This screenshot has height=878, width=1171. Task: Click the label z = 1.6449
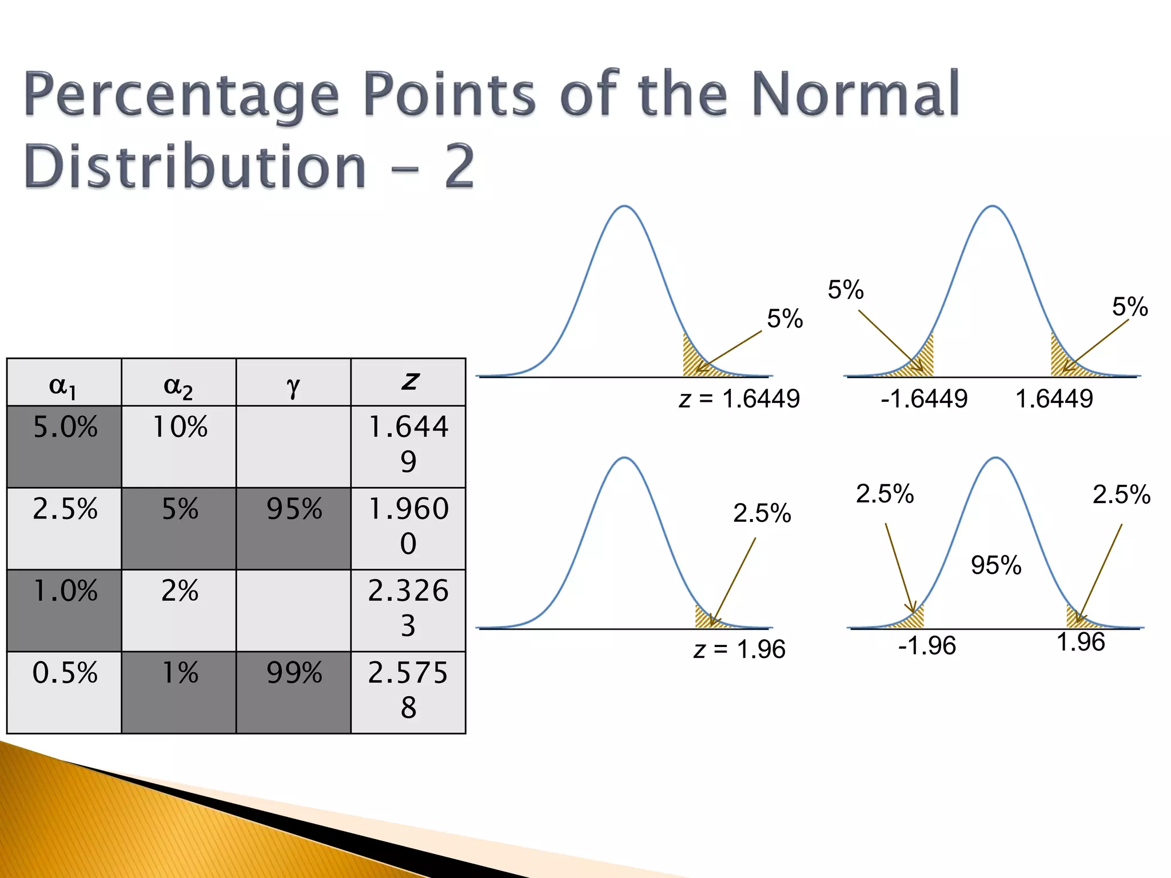point(739,399)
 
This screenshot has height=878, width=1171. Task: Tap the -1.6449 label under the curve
point(923,399)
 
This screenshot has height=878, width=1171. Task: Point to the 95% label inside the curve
point(995,565)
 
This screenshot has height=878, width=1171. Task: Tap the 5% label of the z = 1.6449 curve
point(784,319)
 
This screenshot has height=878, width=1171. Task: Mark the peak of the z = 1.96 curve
point(625,458)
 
